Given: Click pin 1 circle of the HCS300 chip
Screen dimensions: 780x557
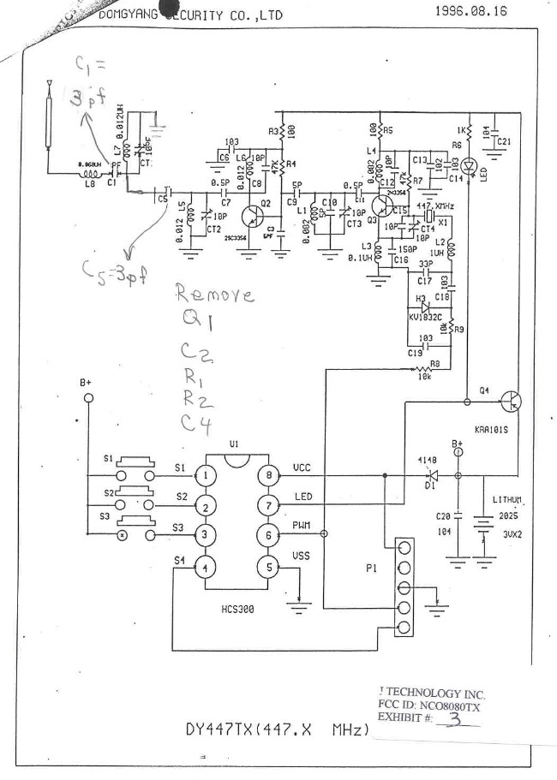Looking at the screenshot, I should (207, 475).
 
